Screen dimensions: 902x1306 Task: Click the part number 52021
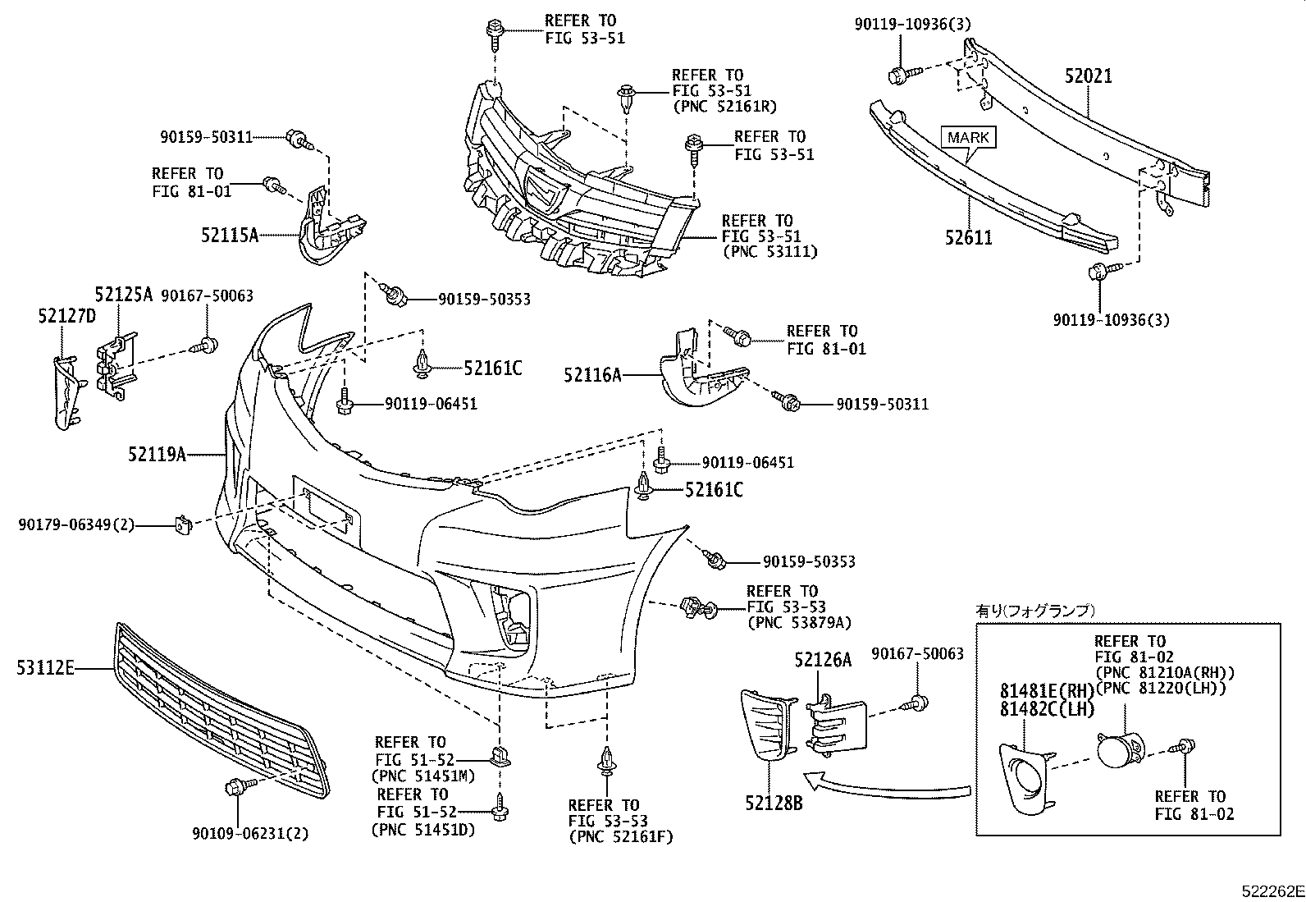click(1089, 76)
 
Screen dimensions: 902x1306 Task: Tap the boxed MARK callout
click(968, 137)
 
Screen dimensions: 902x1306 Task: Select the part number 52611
click(968, 238)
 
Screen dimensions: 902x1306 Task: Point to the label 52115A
click(230, 236)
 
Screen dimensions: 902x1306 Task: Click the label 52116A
click(592, 375)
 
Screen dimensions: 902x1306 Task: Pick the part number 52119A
click(157, 453)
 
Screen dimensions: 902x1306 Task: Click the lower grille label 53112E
click(45, 668)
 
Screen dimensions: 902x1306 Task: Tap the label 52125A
click(123, 295)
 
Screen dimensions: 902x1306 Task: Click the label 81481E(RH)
click(1046, 690)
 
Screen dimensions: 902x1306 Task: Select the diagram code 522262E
click(1271, 891)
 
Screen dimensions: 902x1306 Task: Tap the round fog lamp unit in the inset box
click(1117, 750)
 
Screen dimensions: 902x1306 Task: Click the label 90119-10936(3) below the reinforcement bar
click(1112, 319)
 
